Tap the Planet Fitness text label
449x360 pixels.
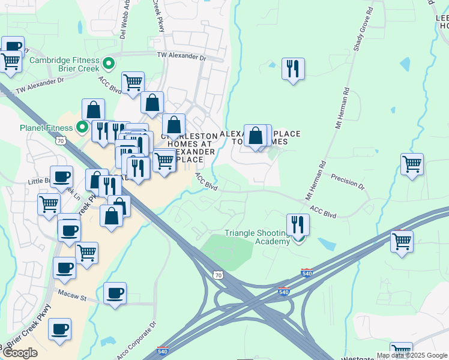45,127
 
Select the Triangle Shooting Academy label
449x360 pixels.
256,237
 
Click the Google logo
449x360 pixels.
20,353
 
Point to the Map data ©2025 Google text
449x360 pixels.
412,356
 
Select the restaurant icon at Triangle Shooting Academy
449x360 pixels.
298,225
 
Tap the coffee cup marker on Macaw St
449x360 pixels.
115,293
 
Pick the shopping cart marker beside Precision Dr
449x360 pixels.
412,164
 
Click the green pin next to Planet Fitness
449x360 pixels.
82,127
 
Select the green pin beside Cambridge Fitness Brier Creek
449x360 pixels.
109,62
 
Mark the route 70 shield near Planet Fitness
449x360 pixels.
61,140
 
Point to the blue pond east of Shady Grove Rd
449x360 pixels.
405,64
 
